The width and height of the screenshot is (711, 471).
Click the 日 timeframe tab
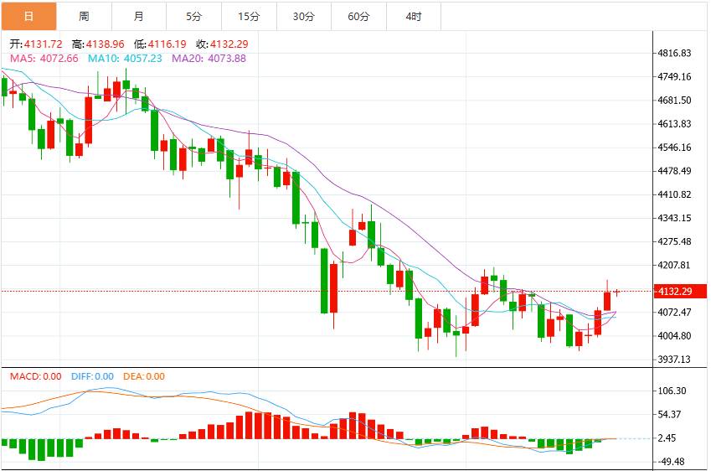(x=29, y=16)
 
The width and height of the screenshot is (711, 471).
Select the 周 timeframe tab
(x=84, y=16)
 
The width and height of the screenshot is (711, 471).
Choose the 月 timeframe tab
(x=139, y=16)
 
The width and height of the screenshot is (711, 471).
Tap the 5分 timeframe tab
(x=193, y=16)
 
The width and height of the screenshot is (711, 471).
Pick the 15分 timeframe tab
(x=249, y=16)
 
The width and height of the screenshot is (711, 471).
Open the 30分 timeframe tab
(x=304, y=16)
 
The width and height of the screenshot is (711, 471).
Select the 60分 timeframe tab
(x=358, y=16)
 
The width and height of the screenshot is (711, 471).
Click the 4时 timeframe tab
(x=414, y=16)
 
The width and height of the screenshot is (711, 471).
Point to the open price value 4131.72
(x=43, y=44)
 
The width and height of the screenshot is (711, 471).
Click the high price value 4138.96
(x=106, y=44)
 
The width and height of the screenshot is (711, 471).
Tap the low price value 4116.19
(x=167, y=44)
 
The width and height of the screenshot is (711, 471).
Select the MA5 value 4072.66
(x=59, y=59)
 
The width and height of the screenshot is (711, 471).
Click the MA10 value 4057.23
(x=143, y=59)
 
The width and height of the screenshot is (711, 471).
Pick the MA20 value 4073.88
(x=227, y=59)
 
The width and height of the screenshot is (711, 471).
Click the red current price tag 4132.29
(x=680, y=292)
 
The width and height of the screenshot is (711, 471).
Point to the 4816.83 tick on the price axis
(x=675, y=53)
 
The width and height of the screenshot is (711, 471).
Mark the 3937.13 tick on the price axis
(x=675, y=360)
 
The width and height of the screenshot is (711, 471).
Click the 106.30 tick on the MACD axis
(x=672, y=391)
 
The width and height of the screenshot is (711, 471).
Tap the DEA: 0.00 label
(x=144, y=376)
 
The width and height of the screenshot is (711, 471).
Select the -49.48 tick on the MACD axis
(x=671, y=462)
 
